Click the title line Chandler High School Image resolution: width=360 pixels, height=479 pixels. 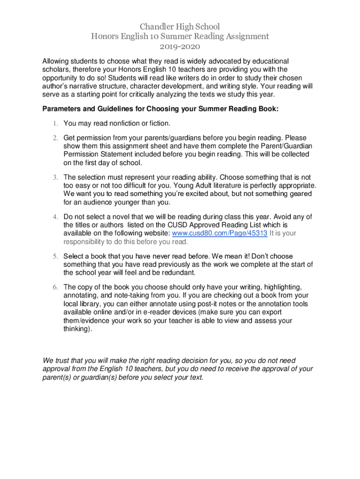180,27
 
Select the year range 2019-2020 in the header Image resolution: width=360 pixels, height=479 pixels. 180,47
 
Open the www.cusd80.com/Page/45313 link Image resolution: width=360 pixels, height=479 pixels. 220,233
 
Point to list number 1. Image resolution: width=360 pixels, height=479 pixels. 55,123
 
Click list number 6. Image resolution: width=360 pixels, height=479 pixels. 55,287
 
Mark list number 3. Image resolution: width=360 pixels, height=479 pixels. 55,177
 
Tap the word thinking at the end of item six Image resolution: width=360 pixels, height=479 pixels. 77,329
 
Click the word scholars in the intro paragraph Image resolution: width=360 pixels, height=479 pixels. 57,70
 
